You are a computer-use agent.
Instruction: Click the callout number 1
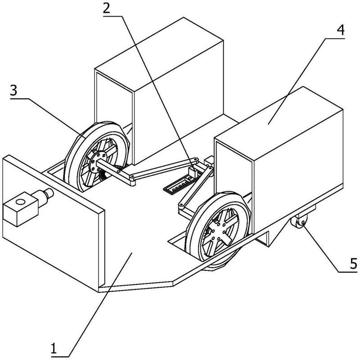tap(54, 349)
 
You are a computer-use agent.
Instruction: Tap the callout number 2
tap(107, 9)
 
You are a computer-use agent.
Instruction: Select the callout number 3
tap(13, 90)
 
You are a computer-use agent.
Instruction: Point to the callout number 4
tap(341, 30)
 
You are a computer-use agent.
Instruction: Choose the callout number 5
tap(354, 263)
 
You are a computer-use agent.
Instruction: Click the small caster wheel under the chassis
tap(298, 221)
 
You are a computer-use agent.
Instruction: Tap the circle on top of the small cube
tap(20, 202)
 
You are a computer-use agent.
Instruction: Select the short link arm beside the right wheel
tap(196, 187)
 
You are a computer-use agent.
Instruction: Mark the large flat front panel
tap(53, 223)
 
